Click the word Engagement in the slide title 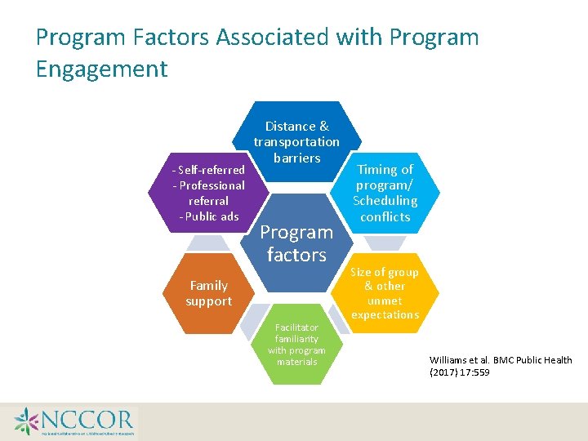pos(101,69)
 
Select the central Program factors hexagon pos(296,243)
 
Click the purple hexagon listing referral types pos(208,193)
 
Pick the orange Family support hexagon pos(208,293)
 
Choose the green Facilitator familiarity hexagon pos(296,344)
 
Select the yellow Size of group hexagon pos(385,293)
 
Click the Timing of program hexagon pos(385,193)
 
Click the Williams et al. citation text pos(501,366)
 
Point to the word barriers pos(296,158)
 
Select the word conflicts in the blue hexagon pos(385,216)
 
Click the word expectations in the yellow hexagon pos(385,314)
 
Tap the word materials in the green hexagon pos(296,362)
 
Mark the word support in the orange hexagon pos(208,301)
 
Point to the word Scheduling pos(385,201)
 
